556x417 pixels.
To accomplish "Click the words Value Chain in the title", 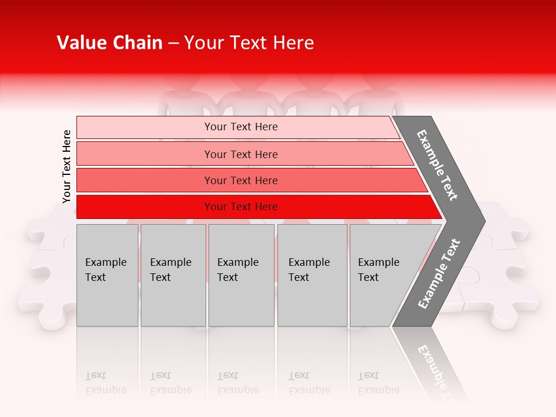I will coord(109,43).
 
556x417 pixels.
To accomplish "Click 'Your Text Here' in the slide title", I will coord(249,43).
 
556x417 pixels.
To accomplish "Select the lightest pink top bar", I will coord(145,127).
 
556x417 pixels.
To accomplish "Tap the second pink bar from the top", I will coord(145,154).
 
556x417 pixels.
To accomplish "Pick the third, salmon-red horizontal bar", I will coord(145,180).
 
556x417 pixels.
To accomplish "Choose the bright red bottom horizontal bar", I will coord(145,207).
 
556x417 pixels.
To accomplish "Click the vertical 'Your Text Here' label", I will coord(67,166).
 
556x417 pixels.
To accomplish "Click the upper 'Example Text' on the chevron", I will coord(437,165).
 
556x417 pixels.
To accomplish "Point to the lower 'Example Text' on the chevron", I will coord(438,274).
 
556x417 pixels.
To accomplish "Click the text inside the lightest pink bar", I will coord(241,127).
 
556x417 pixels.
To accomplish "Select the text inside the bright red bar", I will coord(241,207).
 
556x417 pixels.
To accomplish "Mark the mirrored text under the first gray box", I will coord(105,383).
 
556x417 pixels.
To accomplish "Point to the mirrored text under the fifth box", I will coord(378,383).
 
